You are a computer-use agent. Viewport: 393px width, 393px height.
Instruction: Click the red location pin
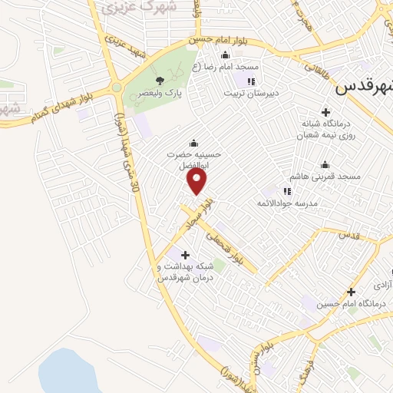[197, 180]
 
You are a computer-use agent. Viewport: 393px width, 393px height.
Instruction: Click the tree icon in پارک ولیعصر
[160, 80]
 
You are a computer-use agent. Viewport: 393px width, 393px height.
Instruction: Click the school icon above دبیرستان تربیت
[250, 80]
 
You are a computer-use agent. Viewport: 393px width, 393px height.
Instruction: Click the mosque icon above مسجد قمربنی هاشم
[325, 164]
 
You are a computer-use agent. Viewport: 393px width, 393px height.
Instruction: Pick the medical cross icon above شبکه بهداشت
[184, 255]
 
